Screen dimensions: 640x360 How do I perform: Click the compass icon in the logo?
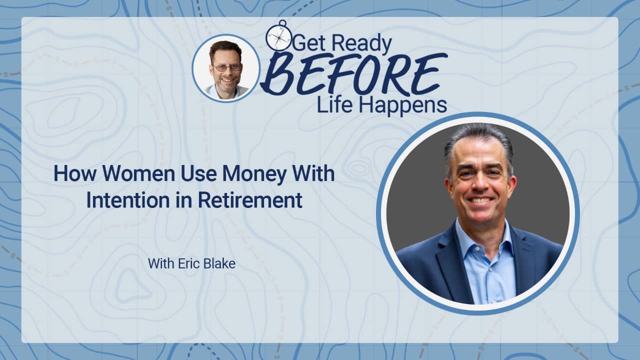pyautogui.click(x=278, y=36)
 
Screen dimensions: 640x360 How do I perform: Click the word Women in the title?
pyautogui.click(x=138, y=173)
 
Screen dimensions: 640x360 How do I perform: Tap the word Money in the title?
pyautogui.click(x=254, y=174)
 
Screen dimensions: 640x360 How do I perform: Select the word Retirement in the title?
pyautogui.click(x=250, y=200)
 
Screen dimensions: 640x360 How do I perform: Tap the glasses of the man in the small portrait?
pyautogui.click(x=228, y=67)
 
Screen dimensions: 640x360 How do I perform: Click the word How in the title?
pyautogui.click(x=75, y=173)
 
